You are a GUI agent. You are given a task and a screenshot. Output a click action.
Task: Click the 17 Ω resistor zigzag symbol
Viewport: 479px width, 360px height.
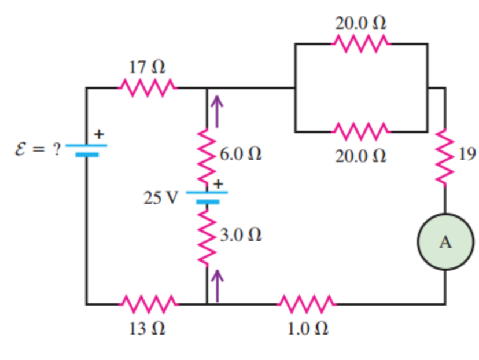coord(148,88)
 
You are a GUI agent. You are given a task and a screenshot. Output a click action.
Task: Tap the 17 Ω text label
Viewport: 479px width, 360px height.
coord(146,67)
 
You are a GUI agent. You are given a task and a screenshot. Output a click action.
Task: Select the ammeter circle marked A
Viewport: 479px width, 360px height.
coord(445,243)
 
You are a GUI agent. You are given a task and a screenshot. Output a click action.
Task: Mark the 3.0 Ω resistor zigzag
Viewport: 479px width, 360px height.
coord(207,234)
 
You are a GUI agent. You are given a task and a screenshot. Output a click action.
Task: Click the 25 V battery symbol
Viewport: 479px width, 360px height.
coord(207,197)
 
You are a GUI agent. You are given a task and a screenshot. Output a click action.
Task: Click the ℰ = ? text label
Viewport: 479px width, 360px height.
coord(38,149)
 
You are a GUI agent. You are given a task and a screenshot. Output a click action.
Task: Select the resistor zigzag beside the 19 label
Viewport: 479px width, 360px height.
coord(445,156)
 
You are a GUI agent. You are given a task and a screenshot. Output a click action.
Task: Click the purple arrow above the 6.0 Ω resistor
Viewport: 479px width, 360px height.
coord(217,112)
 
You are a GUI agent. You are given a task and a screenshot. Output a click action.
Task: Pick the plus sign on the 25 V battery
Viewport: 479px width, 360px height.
coord(219,183)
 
